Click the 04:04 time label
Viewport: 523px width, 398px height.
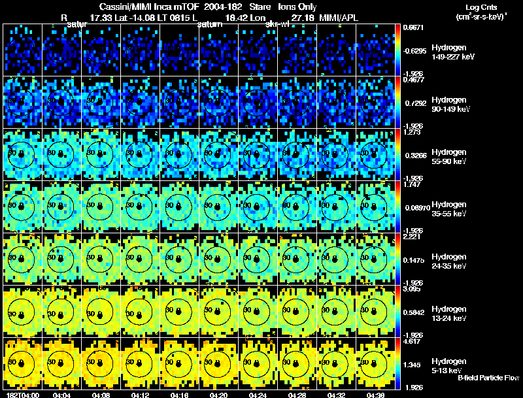(x=61, y=395)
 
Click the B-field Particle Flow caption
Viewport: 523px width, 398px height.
(x=488, y=378)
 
